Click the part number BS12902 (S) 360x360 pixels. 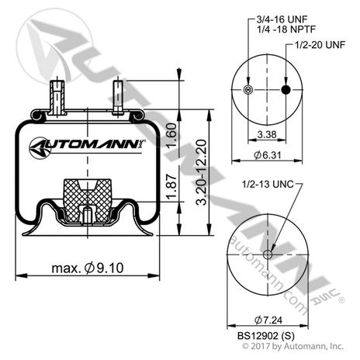(266, 335)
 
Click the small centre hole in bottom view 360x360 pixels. (268, 254)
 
